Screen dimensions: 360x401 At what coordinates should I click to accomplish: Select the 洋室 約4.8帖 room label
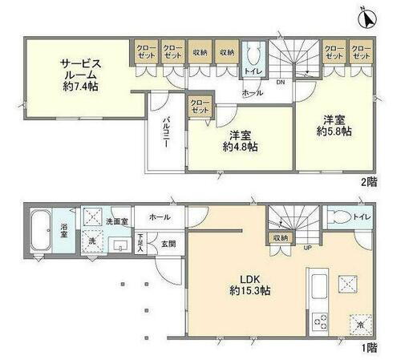tap(240, 142)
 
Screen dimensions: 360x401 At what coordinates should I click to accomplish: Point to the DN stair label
tap(278, 81)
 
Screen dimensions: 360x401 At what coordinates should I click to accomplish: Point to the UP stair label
tap(307, 247)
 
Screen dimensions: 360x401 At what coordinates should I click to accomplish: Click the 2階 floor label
tap(368, 183)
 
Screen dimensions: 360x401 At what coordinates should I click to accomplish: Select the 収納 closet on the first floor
tap(279, 238)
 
